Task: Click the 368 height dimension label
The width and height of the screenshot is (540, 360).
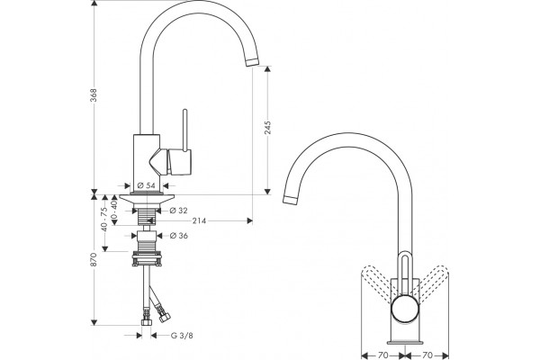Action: [94, 94]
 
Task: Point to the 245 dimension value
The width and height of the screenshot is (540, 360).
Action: [267, 128]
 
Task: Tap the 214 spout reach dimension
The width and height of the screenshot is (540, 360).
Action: [199, 220]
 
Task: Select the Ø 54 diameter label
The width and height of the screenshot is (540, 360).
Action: [146, 185]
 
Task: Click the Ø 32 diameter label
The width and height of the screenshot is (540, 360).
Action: [179, 210]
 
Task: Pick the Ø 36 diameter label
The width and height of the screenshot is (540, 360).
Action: [179, 236]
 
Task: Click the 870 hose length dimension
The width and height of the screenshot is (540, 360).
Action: [94, 259]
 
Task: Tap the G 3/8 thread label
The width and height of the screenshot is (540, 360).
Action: [182, 335]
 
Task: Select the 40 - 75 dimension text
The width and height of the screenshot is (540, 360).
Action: [104, 219]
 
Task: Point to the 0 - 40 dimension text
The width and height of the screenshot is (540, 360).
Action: [114, 209]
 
